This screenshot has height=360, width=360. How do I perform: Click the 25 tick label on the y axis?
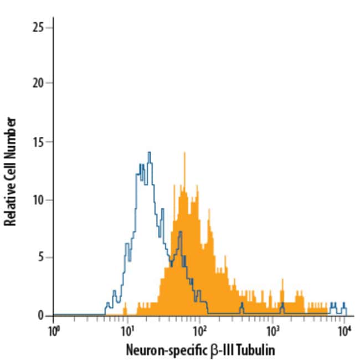point(39,27)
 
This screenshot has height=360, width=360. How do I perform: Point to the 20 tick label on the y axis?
point(39,83)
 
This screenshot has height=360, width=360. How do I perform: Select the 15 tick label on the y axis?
point(39,141)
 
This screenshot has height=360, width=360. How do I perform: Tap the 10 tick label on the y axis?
point(39,199)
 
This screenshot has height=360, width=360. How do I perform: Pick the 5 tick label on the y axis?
point(42,258)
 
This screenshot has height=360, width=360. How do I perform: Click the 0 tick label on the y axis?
point(42,316)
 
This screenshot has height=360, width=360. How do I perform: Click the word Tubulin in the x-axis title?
point(257,350)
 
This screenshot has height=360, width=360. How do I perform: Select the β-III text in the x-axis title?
point(219,350)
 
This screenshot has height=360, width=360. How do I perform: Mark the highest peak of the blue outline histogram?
point(149,153)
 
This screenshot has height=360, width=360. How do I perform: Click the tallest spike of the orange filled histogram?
point(185,153)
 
